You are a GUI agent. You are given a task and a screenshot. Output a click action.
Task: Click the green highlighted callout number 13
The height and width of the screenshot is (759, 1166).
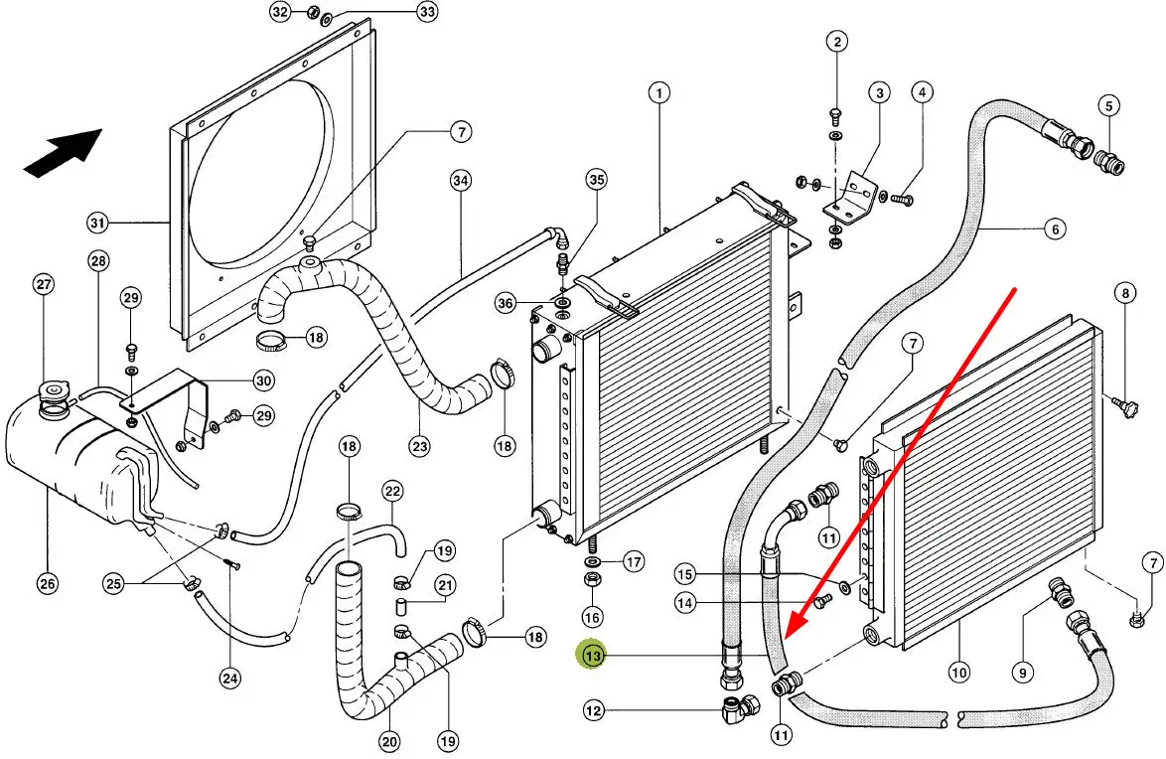click(593, 656)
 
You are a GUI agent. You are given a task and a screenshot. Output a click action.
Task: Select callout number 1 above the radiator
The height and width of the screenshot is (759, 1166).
click(657, 93)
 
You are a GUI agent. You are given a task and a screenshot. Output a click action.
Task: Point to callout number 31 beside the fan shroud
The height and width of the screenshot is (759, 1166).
click(96, 223)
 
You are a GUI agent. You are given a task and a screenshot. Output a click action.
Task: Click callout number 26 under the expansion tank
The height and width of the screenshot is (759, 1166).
click(47, 583)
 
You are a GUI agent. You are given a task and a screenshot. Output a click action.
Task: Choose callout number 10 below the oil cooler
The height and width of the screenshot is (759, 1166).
click(958, 673)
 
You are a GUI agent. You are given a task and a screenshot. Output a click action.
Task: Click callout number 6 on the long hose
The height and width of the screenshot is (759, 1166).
click(1055, 229)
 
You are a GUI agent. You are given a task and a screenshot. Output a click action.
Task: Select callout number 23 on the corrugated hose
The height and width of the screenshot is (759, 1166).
click(419, 447)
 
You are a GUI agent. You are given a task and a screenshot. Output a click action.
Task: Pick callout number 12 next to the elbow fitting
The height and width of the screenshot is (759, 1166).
click(593, 710)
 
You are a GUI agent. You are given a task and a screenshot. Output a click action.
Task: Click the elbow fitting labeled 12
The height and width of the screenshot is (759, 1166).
click(739, 708)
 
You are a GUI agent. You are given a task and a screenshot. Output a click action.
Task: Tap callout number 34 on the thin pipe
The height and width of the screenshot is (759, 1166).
click(460, 181)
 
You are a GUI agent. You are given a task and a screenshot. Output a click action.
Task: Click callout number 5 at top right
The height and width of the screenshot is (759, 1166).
click(1108, 106)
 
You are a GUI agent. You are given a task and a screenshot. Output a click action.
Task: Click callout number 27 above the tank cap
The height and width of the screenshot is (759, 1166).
click(44, 285)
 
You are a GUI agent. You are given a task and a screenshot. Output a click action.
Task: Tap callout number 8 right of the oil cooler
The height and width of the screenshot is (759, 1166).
click(1124, 293)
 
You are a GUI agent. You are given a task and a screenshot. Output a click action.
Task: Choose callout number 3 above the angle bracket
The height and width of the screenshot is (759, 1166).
click(879, 94)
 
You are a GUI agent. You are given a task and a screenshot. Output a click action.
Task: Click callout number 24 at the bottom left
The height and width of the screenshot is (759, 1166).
click(230, 680)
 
